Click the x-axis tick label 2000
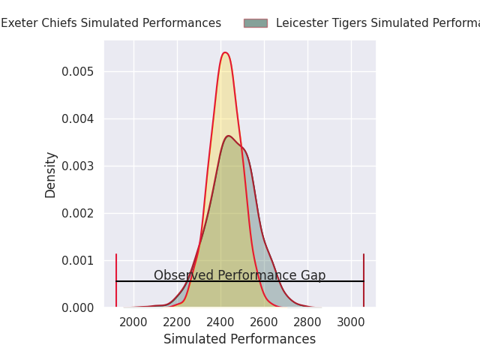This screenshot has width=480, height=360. tap(133, 322)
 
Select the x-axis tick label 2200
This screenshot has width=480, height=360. tap(177, 322)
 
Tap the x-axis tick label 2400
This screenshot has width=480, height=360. tap(220, 322)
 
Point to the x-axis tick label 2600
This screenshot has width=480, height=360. tap(264, 322)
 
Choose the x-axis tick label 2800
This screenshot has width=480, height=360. tap(307, 322)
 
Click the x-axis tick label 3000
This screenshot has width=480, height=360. tap(351, 322)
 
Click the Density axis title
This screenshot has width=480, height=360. tap(51, 174)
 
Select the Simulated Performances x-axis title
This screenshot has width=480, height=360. tap(239, 339)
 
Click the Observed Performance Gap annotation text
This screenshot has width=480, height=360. tap(239, 275)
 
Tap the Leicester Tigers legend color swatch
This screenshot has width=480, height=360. tap(255, 23)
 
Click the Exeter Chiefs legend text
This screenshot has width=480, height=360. tap(111, 23)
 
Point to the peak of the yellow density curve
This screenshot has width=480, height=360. tap(225, 52)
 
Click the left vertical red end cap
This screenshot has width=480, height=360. tap(116, 280)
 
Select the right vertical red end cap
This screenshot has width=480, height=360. tap(364, 280)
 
